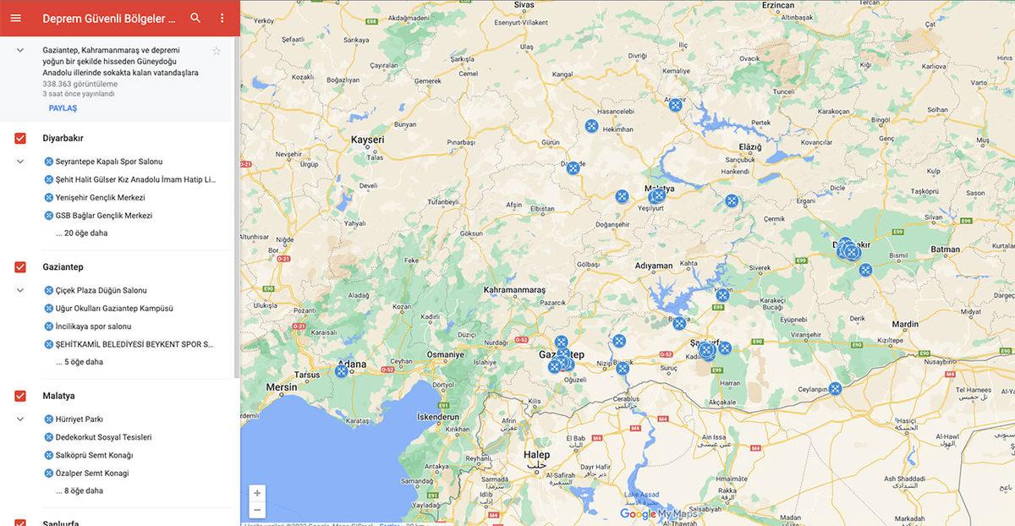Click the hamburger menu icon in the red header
point(15,18)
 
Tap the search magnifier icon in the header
point(195,18)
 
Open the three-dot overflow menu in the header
point(222,18)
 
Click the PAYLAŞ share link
point(63,108)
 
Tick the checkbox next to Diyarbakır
point(20,138)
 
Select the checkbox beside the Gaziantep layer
point(20,267)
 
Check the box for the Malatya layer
point(20,396)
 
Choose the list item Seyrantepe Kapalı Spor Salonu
point(108,162)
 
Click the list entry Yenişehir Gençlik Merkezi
point(100,198)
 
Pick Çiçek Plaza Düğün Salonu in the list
point(101,291)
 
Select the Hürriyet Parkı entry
point(79,419)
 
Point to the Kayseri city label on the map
point(367,140)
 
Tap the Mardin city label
point(904,324)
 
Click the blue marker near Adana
point(342,370)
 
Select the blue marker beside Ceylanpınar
point(835,388)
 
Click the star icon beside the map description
point(217,51)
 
